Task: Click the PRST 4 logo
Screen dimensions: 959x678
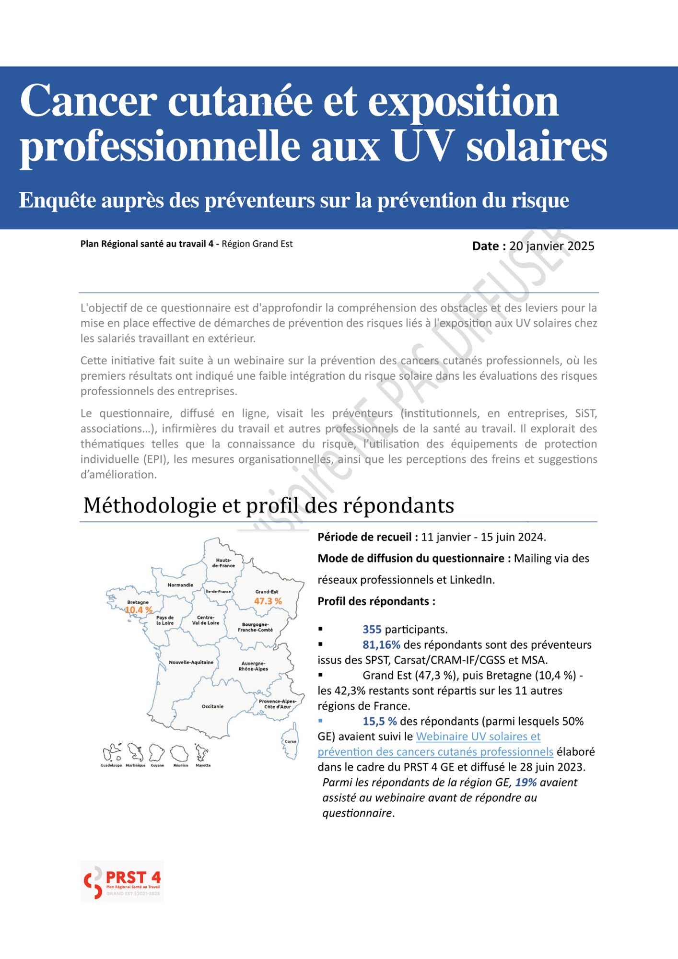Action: [122, 881]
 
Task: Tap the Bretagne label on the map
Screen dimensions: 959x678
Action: [138, 602]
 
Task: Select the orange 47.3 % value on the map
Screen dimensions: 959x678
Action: [268, 601]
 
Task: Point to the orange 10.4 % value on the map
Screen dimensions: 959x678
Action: [139, 610]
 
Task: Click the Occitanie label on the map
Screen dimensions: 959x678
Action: [212, 706]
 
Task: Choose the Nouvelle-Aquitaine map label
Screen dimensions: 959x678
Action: [191, 662]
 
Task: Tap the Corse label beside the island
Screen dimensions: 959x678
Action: [291, 741]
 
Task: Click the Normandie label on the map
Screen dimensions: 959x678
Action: [180, 585]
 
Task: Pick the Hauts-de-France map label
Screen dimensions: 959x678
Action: [223, 563]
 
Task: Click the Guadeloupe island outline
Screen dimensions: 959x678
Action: [111, 753]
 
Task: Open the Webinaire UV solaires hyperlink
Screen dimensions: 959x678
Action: [478, 737]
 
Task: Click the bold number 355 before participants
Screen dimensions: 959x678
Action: [372, 630]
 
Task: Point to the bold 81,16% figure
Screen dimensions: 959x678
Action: [381, 645]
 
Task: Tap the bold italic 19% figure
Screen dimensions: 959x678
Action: [526, 783]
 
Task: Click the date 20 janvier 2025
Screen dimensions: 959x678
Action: [551, 246]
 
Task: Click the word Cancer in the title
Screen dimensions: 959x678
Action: [88, 101]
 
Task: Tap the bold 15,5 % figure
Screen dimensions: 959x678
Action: [379, 721]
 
